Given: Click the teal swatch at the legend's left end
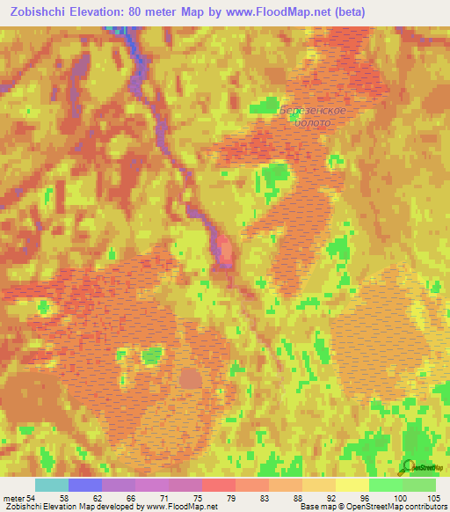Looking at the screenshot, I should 52,485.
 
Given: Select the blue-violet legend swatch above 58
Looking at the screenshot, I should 85,485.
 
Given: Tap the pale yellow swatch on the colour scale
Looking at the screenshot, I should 352,485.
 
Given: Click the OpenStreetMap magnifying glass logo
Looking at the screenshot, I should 407,465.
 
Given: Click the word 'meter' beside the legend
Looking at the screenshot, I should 15,499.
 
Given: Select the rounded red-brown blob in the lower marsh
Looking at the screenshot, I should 190,379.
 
